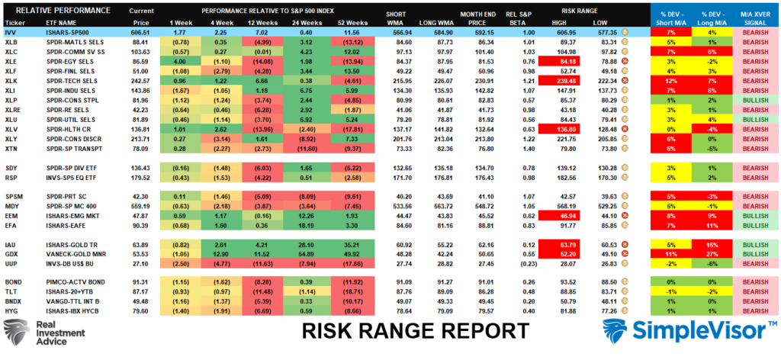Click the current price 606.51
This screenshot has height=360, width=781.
coord(140,34)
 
